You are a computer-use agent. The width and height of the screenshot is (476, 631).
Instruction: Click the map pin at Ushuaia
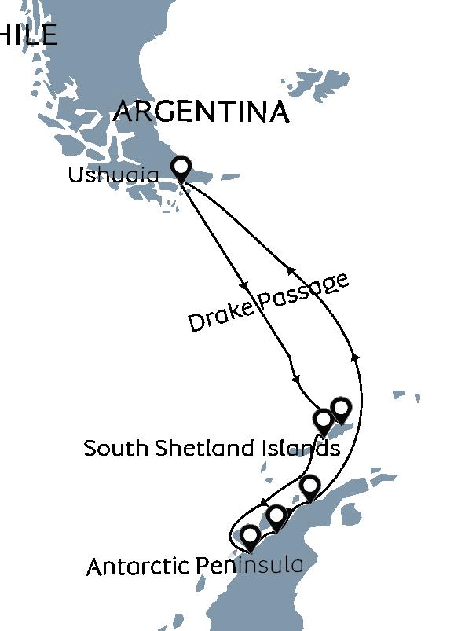click(x=181, y=167)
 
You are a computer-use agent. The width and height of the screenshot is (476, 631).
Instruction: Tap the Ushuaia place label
click(x=113, y=174)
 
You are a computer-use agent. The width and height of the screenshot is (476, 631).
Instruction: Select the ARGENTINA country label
click(x=201, y=112)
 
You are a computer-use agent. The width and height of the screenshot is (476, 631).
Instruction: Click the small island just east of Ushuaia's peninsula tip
click(x=229, y=178)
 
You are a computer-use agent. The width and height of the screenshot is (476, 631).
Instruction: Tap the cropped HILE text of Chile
click(x=28, y=35)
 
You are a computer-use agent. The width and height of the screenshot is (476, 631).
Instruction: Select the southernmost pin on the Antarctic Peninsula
click(x=250, y=537)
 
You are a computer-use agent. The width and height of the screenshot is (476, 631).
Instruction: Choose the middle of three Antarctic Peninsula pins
click(x=276, y=516)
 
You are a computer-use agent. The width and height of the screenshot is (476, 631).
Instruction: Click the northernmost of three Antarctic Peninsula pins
click(x=310, y=486)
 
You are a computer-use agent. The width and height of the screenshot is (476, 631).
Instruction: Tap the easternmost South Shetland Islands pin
click(x=341, y=409)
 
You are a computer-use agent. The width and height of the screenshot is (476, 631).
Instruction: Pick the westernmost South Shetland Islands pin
click(x=323, y=420)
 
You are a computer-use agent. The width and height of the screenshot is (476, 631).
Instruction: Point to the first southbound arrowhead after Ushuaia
click(x=244, y=284)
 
